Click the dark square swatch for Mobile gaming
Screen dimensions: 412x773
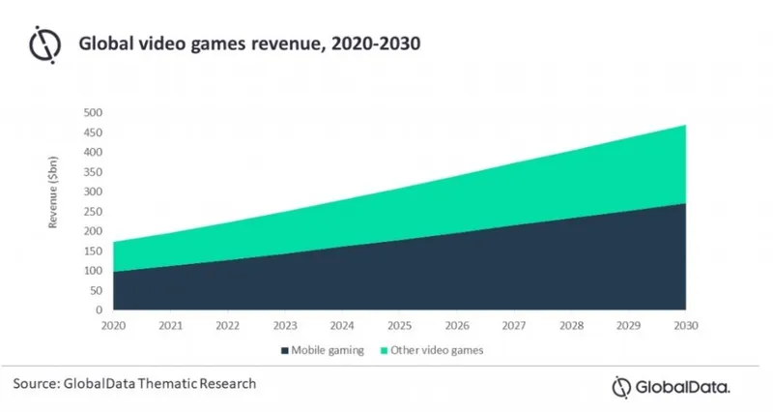tap(284, 351)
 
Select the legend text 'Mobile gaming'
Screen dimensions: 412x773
tap(328, 351)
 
